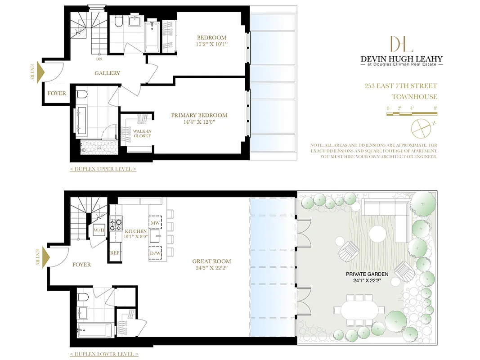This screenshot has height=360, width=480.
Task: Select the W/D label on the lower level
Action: pyautogui.click(x=99, y=230)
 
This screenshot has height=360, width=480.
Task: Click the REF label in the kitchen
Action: pyautogui.click(x=115, y=253)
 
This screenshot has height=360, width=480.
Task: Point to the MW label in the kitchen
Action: pyautogui.click(x=155, y=223)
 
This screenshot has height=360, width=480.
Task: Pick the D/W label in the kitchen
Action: pyautogui.click(x=155, y=253)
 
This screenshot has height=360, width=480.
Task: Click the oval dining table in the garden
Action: pyautogui.click(x=359, y=310)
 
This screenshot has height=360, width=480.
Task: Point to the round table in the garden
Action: pyautogui.click(x=377, y=234)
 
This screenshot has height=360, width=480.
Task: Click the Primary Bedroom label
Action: pyautogui.click(x=199, y=116)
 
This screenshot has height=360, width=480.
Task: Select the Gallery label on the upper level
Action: pyautogui.click(x=107, y=73)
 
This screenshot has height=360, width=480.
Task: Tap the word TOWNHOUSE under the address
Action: pyautogui.click(x=414, y=97)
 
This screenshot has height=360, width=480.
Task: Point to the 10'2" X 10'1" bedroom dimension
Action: pyautogui.click(x=211, y=44)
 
